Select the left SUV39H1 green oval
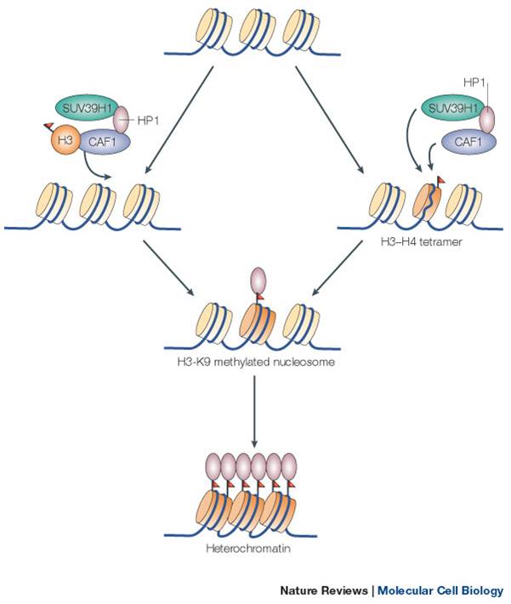pyautogui.click(x=88, y=108)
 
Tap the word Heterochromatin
pyautogui.click(x=254, y=550)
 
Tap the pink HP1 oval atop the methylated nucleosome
pyautogui.click(x=254, y=281)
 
